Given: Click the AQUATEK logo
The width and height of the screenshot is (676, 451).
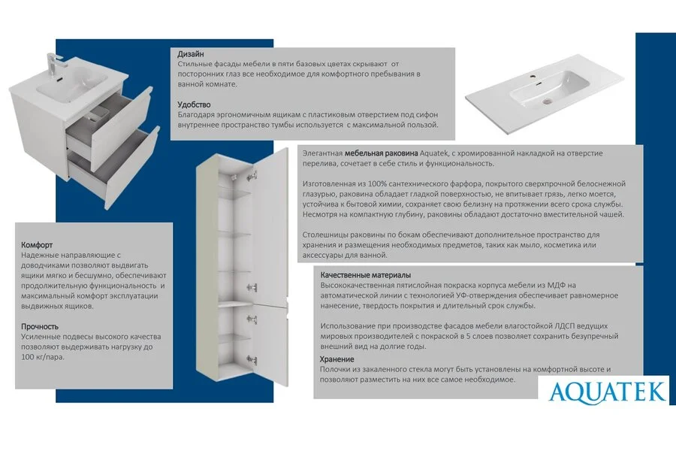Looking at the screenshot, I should click(x=607, y=391).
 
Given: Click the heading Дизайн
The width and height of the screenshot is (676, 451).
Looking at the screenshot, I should click(x=190, y=55).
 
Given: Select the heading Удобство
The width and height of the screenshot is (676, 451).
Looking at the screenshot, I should click(x=194, y=104).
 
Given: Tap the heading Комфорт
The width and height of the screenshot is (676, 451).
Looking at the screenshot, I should click(x=36, y=245).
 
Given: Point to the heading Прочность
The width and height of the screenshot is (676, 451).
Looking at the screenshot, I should click(x=40, y=326).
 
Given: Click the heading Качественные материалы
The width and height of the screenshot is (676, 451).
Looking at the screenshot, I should click(x=365, y=275).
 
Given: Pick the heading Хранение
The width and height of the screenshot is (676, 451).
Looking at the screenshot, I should click(x=337, y=359).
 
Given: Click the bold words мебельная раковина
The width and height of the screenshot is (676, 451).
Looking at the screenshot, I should click(x=378, y=153).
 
